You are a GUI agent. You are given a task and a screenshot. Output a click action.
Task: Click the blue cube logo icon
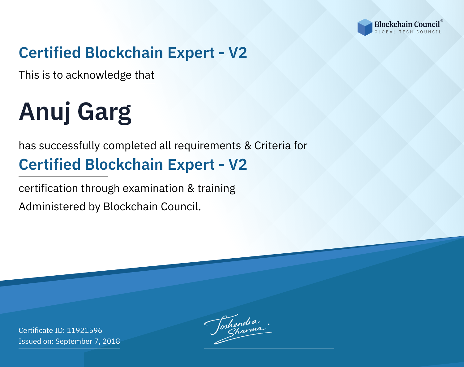[x=365, y=27]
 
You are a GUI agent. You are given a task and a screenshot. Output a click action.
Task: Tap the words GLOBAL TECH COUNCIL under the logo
[x=408, y=32]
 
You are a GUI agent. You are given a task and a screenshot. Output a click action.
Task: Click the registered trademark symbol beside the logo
[x=441, y=20]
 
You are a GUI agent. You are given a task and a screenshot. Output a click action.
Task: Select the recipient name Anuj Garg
[x=75, y=112]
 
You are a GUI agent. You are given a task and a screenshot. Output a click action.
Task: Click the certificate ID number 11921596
[x=84, y=330]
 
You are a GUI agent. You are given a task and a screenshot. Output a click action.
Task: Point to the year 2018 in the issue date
[x=111, y=341]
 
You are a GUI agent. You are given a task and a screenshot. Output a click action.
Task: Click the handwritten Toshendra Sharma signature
[x=238, y=329]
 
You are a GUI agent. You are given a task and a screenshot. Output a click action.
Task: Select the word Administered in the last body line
[x=52, y=206]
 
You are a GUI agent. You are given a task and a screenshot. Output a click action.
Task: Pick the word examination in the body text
[x=153, y=188]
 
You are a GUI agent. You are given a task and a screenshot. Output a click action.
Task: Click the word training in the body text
[x=216, y=189]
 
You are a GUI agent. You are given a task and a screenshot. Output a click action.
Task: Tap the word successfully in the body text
[x=69, y=146]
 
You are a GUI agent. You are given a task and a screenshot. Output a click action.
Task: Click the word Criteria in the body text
[x=272, y=146]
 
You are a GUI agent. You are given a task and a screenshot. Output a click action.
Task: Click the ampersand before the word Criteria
[x=248, y=146]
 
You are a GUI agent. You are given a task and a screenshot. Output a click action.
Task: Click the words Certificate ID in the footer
[x=41, y=330]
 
